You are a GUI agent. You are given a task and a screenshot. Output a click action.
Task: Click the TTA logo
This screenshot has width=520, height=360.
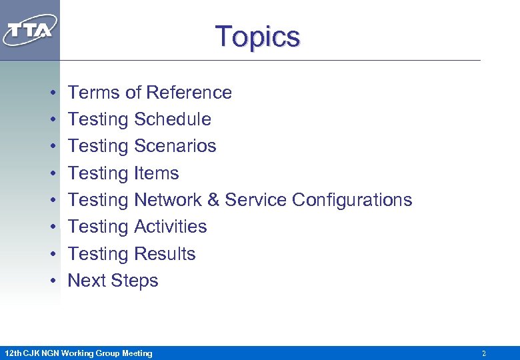tap(30, 30)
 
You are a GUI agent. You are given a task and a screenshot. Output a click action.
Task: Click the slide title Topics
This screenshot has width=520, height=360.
tap(257, 36)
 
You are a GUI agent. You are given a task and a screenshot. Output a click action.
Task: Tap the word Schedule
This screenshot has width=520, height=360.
tap(172, 119)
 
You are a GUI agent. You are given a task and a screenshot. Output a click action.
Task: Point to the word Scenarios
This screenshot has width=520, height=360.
tap(175, 146)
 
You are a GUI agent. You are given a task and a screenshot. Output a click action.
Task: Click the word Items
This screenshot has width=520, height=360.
tap(156, 173)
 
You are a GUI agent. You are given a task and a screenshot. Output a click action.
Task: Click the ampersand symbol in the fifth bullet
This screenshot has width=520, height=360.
tap(213, 200)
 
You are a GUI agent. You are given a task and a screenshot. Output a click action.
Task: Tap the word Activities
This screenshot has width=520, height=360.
tap(170, 227)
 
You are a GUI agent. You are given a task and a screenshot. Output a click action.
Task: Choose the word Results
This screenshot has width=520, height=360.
tap(165, 254)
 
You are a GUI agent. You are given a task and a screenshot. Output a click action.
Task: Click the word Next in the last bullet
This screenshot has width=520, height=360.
tap(87, 281)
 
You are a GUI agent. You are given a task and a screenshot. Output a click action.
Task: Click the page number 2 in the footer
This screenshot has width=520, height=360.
tap(484, 353)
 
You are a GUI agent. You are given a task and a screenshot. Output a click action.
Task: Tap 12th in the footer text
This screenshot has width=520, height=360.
tap(13, 353)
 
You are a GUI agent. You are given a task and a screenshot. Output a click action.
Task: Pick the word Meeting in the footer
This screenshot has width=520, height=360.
tap(136, 353)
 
